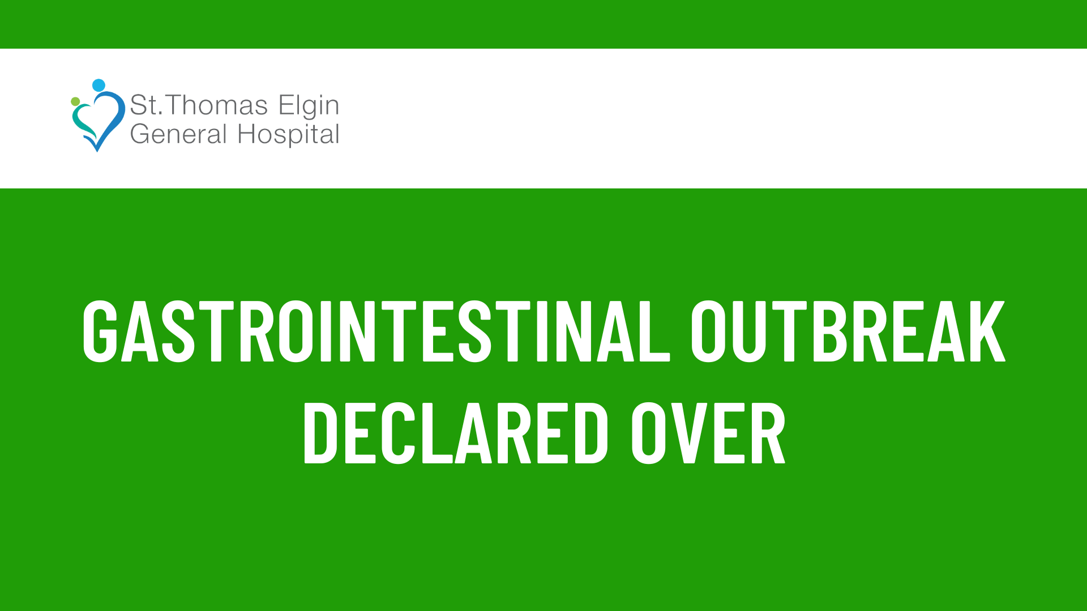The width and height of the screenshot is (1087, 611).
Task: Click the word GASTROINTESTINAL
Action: tap(376, 331)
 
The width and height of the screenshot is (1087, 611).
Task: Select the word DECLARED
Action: tap(456, 433)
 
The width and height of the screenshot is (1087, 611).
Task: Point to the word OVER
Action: tap(708, 433)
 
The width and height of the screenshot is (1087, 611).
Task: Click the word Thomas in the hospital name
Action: tap(216, 105)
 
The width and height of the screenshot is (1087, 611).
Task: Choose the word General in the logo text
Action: tap(178, 134)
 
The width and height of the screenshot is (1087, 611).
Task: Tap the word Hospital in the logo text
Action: tap(288, 135)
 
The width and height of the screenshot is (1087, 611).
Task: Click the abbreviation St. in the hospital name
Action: tap(145, 105)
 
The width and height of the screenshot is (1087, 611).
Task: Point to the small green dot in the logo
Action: tap(75, 101)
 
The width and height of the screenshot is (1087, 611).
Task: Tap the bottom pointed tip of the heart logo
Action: tap(97, 151)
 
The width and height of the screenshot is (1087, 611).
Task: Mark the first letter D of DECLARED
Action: tap(320, 433)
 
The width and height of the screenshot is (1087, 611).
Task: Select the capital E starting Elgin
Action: tap(286, 105)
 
